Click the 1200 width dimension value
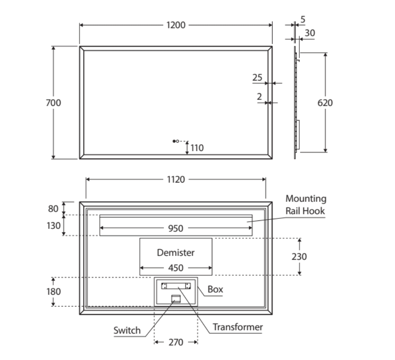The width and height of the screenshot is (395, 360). click(x=176, y=25)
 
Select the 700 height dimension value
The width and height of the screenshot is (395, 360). click(x=53, y=102)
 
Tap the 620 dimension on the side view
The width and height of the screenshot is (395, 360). click(x=325, y=102)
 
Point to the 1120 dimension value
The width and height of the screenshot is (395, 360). click(x=176, y=180)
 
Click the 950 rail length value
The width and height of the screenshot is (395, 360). click(x=176, y=228)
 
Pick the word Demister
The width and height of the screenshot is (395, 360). click(x=176, y=253)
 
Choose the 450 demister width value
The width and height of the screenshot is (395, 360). click(x=176, y=268)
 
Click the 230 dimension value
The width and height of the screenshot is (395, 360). click(x=299, y=256)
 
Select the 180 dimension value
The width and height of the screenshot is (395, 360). click(x=53, y=291)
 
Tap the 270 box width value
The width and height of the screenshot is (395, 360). click(x=176, y=342)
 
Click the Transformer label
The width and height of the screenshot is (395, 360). click(x=238, y=327)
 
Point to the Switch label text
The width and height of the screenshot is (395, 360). click(x=127, y=330)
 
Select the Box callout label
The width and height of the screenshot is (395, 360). click(x=216, y=290)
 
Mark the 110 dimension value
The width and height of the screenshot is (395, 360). click(x=197, y=148)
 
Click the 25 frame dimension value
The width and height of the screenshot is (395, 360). click(x=257, y=78)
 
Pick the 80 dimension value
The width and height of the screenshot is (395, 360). click(x=53, y=208)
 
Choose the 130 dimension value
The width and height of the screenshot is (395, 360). click(x=53, y=226)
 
